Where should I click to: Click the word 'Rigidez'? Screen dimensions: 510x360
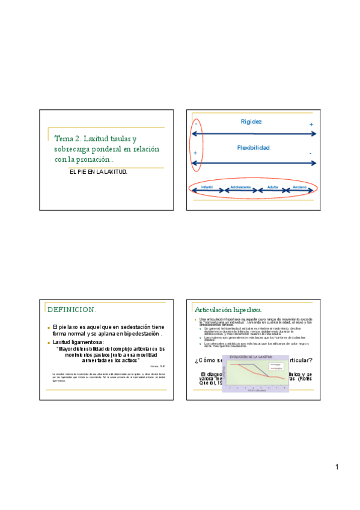(251, 122)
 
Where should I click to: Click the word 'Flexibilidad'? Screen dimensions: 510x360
(253, 147)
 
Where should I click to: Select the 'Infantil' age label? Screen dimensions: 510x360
(207, 188)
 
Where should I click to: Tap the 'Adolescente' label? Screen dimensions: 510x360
(240, 188)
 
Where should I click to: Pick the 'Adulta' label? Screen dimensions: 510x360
(272, 188)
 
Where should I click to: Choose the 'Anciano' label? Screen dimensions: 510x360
(299, 188)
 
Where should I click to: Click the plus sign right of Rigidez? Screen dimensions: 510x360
(311, 124)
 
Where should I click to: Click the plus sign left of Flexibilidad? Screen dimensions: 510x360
(195, 153)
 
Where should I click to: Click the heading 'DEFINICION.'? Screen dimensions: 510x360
(71, 309)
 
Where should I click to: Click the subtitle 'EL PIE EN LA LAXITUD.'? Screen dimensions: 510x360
(99, 172)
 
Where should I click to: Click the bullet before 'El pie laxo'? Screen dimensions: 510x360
(49, 327)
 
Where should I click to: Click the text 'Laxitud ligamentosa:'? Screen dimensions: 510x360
(78, 342)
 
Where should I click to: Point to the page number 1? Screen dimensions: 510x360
(338, 467)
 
